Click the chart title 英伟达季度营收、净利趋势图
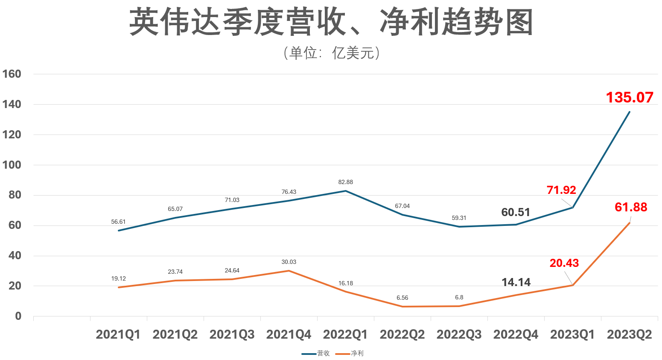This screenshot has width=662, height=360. click(x=331, y=22)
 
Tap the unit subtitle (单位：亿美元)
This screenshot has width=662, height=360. click(x=331, y=53)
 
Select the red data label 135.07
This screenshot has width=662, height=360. click(x=630, y=97)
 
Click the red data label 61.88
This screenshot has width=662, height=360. click(x=631, y=207)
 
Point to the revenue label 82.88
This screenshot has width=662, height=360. click(x=346, y=182)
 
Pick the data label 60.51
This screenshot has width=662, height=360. click(x=516, y=212)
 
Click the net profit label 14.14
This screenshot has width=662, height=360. click(x=516, y=282)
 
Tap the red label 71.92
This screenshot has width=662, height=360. click(x=561, y=190)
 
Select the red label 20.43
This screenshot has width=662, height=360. click(x=564, y=263)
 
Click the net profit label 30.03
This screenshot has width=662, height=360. click(x=289, y=262)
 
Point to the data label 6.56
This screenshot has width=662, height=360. click(x=402, y=298)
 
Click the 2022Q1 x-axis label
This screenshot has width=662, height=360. click(x=345, y=334)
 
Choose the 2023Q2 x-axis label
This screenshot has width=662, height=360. click(x=630, y=334)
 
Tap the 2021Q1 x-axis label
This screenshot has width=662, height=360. click(x=118, y=334)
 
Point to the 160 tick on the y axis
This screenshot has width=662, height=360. click(x=12, y=74)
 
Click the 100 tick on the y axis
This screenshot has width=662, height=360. click(x=12, y=165)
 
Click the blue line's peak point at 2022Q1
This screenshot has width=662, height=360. click(x=346, y=191)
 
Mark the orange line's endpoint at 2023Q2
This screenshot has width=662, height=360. click(x=630, y=223)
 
